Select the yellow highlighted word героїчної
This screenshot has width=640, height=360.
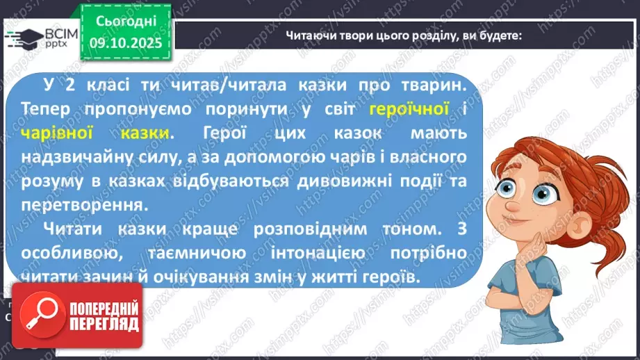(x=410, y=109)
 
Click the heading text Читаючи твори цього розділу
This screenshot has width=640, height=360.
(x=404, y=36)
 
